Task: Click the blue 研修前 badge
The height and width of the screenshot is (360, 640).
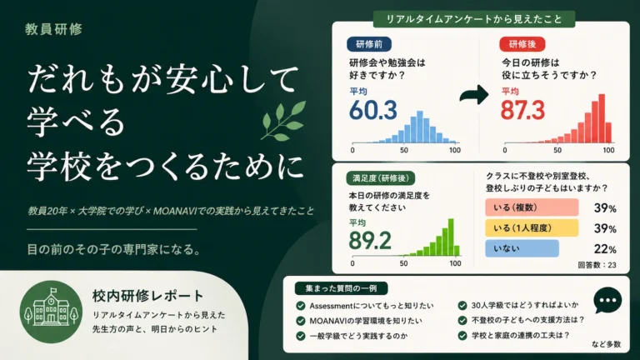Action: pos(369,44)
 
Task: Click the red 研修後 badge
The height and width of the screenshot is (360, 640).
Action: pos(522,44)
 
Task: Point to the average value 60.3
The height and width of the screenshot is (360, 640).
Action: pos(373,110)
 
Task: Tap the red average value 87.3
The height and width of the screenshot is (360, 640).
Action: pos(522,110)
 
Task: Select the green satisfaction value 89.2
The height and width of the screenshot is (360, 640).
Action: pos(370,240)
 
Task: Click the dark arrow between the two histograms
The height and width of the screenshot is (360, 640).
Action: pos(474,95)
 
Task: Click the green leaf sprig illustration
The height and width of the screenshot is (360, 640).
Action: pos(283,120)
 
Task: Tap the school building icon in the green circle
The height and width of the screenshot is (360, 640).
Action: pos(51,308)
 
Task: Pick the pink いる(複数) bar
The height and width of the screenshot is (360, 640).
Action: pos(532,207)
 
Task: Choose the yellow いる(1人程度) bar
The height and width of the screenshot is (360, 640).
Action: pos(532,227)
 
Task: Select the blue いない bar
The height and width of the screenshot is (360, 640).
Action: pos(522,248)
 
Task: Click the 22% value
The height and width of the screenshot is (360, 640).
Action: pos(605,249)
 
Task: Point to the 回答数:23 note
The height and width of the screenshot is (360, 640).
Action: pos(597,265)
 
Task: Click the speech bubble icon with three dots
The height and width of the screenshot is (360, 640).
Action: pos(607,300)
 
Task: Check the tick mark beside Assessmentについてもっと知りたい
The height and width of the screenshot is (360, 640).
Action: pos(301,306)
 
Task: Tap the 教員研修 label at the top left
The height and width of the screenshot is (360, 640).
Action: pos(53,29)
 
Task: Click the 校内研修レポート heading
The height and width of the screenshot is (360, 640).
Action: pos(147,296)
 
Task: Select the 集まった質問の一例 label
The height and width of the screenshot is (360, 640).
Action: pos(341,288)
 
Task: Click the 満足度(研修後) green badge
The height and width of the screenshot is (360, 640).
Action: pos(380,178)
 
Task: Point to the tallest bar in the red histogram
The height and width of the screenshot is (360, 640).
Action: pos(602,118)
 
